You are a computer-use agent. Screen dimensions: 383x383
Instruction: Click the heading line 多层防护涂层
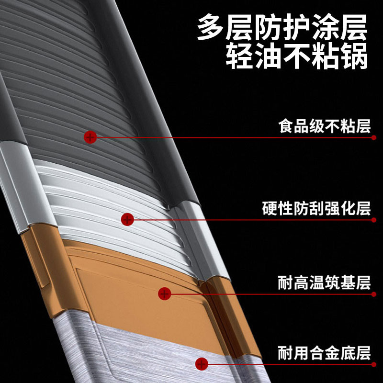282,28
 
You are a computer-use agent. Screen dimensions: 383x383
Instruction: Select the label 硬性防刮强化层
317,209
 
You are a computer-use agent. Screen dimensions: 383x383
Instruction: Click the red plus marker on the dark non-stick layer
90,137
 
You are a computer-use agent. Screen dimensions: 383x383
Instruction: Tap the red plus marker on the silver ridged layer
127,220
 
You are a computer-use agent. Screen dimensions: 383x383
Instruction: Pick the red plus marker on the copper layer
164,293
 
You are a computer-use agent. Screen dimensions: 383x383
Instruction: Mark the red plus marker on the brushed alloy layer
202,364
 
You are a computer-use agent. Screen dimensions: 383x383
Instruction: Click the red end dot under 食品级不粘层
374,138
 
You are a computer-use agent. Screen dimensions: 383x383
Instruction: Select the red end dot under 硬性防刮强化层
374,220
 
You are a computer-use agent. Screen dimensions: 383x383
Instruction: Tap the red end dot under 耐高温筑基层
374,293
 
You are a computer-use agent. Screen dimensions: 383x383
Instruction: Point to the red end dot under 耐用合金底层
374,365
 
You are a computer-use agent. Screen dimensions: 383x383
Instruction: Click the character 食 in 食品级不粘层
286,126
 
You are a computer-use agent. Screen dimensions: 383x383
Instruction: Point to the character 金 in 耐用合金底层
332,354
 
